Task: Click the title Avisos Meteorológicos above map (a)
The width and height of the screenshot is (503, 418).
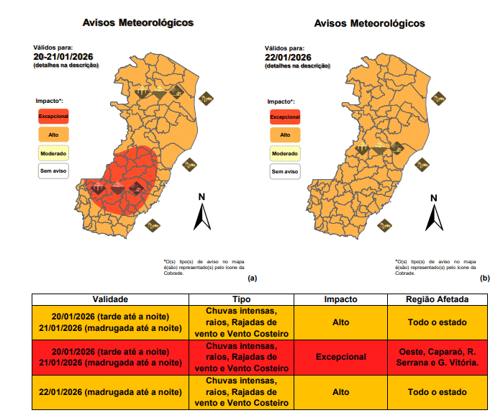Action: point(138,23)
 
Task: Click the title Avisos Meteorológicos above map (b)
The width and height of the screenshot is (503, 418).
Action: point(369,23)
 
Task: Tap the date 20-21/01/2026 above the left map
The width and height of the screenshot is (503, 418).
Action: point(63,56)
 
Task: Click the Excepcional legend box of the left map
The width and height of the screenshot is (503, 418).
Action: point(53,115)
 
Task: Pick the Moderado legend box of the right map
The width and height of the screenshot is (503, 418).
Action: point(285,153)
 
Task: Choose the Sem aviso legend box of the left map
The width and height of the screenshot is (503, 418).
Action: point(53,172)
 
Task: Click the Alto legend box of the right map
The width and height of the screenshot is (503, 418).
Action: point(285,135)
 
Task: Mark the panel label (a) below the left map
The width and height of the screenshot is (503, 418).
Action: point(252,278)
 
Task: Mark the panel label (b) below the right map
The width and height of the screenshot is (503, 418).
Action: point(484,278)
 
